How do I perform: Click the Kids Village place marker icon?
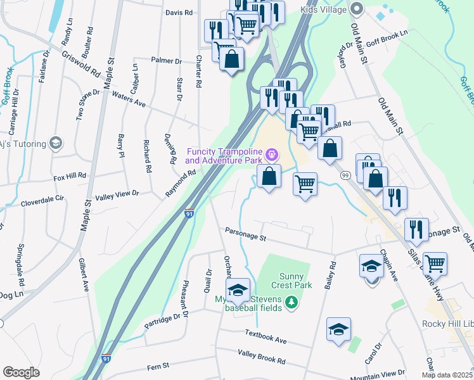tap(357, 9)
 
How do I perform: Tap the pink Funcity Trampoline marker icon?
tap(272, 154)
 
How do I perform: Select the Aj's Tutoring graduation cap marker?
tap(56, 143)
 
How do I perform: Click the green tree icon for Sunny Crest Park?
tap(291, 302)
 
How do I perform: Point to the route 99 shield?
tap(346, 175)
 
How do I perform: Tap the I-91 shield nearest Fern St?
tap(107, 358)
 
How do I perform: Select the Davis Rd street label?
tap(179, 13)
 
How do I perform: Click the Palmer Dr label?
tap(166, 61)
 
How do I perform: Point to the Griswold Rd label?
tap(81, 64)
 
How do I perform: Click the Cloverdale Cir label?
tap(42, 198)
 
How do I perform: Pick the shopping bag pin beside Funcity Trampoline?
tap(269, 177)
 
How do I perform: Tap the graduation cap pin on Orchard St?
tap(238, 291)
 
